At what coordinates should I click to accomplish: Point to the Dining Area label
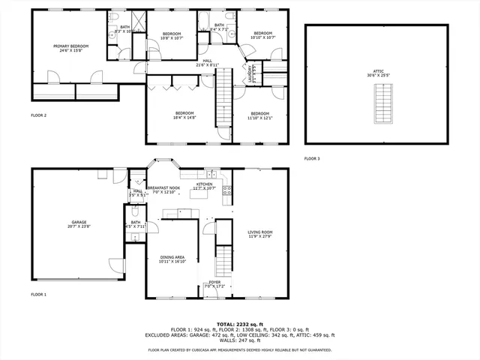click(172, 259)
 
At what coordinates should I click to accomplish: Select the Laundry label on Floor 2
click(250, 75)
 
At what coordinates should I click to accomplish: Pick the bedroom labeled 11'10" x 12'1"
click(260, 115)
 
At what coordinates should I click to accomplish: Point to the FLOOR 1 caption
click(39, 295)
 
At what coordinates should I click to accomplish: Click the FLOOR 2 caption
click(39, 115)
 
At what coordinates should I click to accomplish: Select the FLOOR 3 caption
click(312, 159)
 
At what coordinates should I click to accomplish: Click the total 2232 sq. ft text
click(239, 324)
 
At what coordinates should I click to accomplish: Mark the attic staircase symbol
click(382, 97)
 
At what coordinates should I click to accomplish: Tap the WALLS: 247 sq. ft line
click(239, 341)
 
